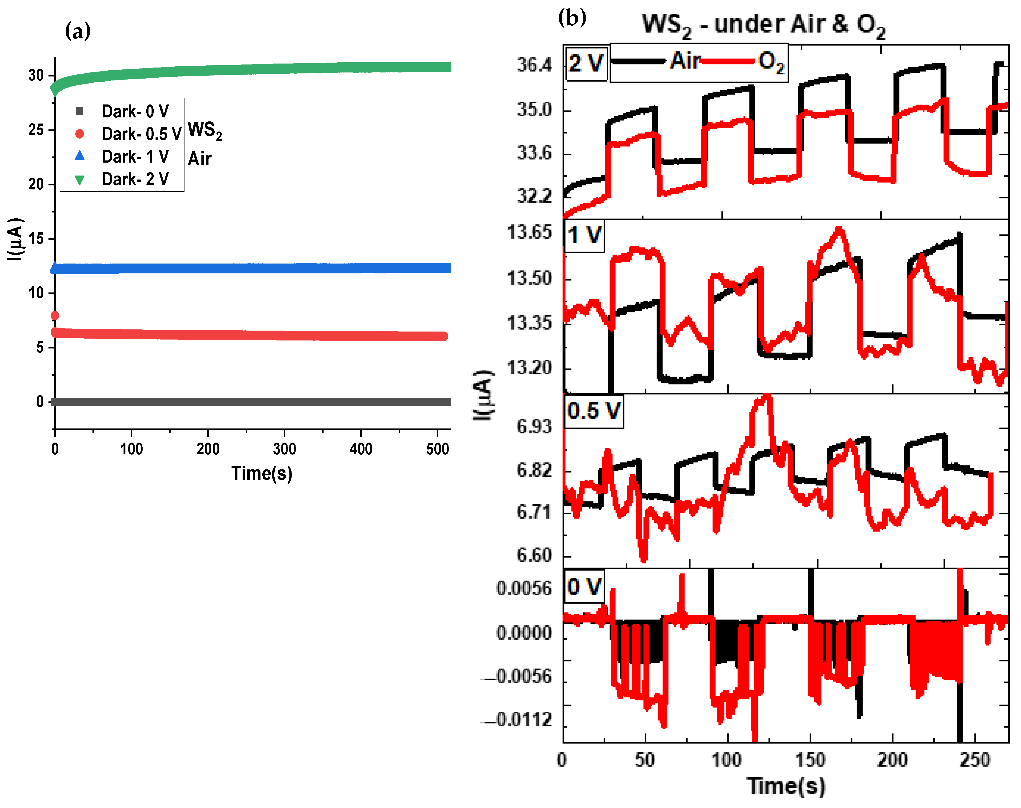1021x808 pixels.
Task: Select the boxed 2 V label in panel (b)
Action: (586, 63)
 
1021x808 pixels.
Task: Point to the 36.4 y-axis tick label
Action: (534, 65)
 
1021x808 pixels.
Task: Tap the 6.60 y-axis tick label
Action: (534, 555)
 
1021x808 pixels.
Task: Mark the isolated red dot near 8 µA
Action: (55, 316)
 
